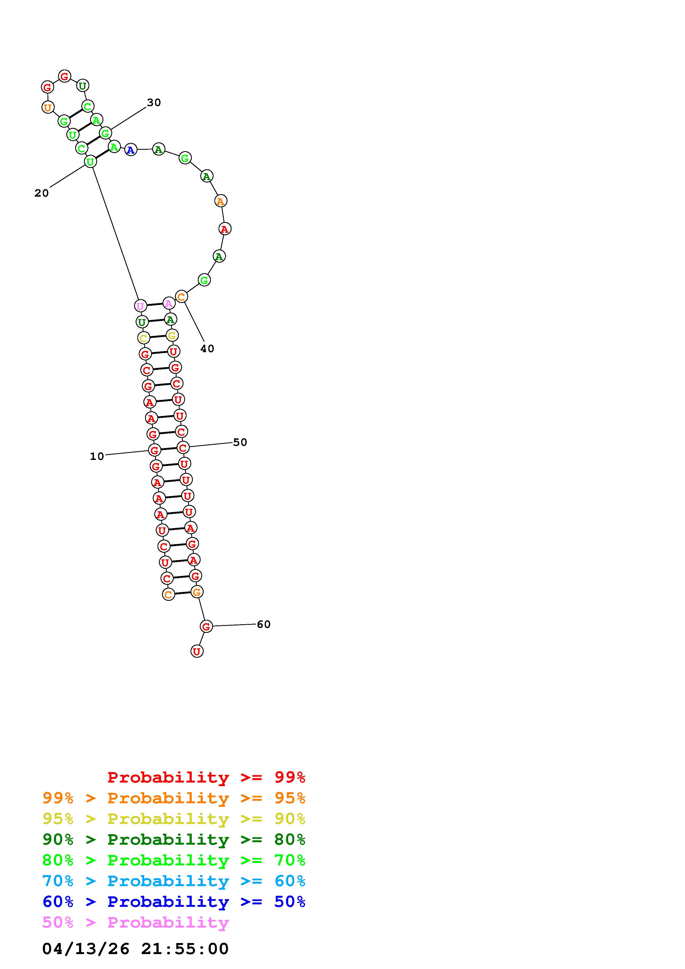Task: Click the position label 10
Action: point(97,456)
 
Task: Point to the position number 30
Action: point(154,102)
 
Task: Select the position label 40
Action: point(207,349)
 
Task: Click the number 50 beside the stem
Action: point(240,442)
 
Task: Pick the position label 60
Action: point(264,624)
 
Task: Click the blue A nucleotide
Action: point(131,149)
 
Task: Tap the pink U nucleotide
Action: point(140,306)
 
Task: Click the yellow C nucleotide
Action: point(143,338)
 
